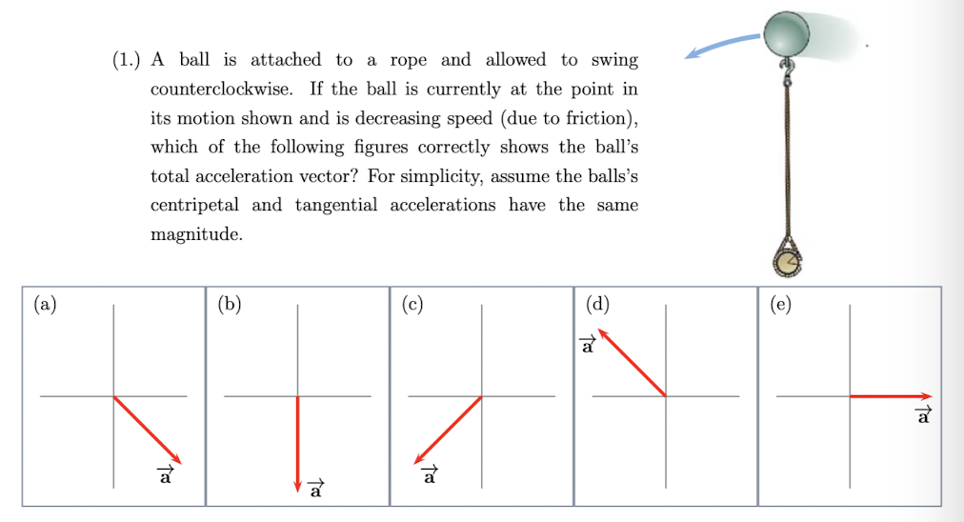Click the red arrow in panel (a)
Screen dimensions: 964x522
pos(147,430)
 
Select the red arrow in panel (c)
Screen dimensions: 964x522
pos(448,430)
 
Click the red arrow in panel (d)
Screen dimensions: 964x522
pos(632,362)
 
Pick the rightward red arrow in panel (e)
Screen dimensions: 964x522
pos(891,395)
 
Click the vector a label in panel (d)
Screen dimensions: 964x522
pos(588,345)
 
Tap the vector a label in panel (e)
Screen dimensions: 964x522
pos(921,415)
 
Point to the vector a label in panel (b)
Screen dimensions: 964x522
pos(316,490)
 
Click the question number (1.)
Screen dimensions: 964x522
pos(126,60)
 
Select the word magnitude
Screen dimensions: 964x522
pos(195,234)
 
